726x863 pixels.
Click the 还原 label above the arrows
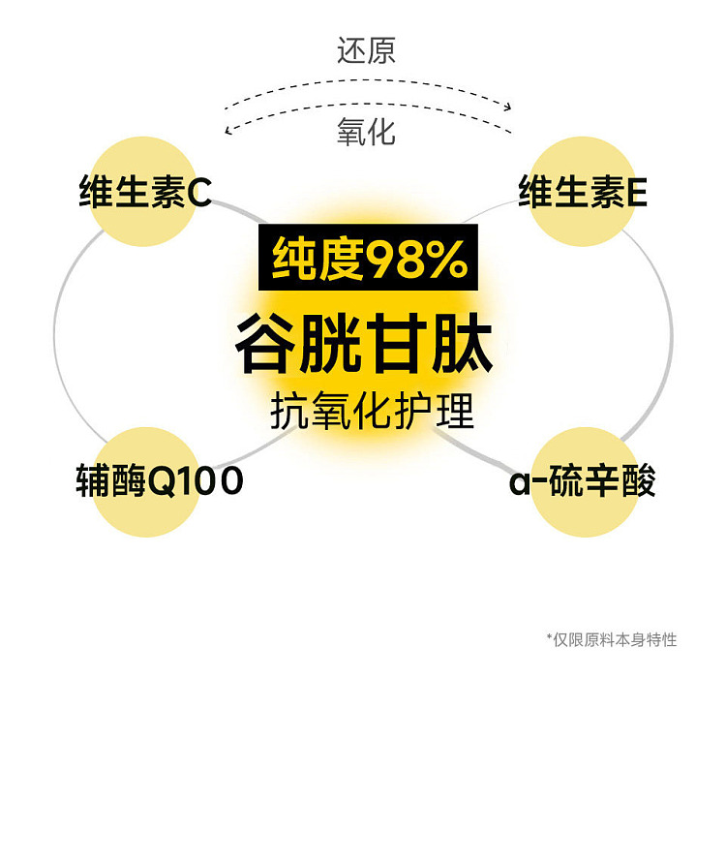366,50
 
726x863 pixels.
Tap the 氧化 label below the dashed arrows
366,132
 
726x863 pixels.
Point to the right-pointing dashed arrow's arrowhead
507,107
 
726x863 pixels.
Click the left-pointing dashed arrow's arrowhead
228,130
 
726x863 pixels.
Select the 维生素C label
145,192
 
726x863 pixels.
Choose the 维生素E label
583,192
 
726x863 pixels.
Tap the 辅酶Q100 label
160,480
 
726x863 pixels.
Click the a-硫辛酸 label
583,480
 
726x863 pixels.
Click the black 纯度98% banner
368,257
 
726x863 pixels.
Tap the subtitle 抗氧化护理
372,411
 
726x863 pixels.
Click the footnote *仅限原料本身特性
612,639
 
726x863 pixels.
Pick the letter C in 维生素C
199,193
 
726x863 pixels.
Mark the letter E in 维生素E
637,193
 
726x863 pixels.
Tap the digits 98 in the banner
395,259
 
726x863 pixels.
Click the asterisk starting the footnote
549,636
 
